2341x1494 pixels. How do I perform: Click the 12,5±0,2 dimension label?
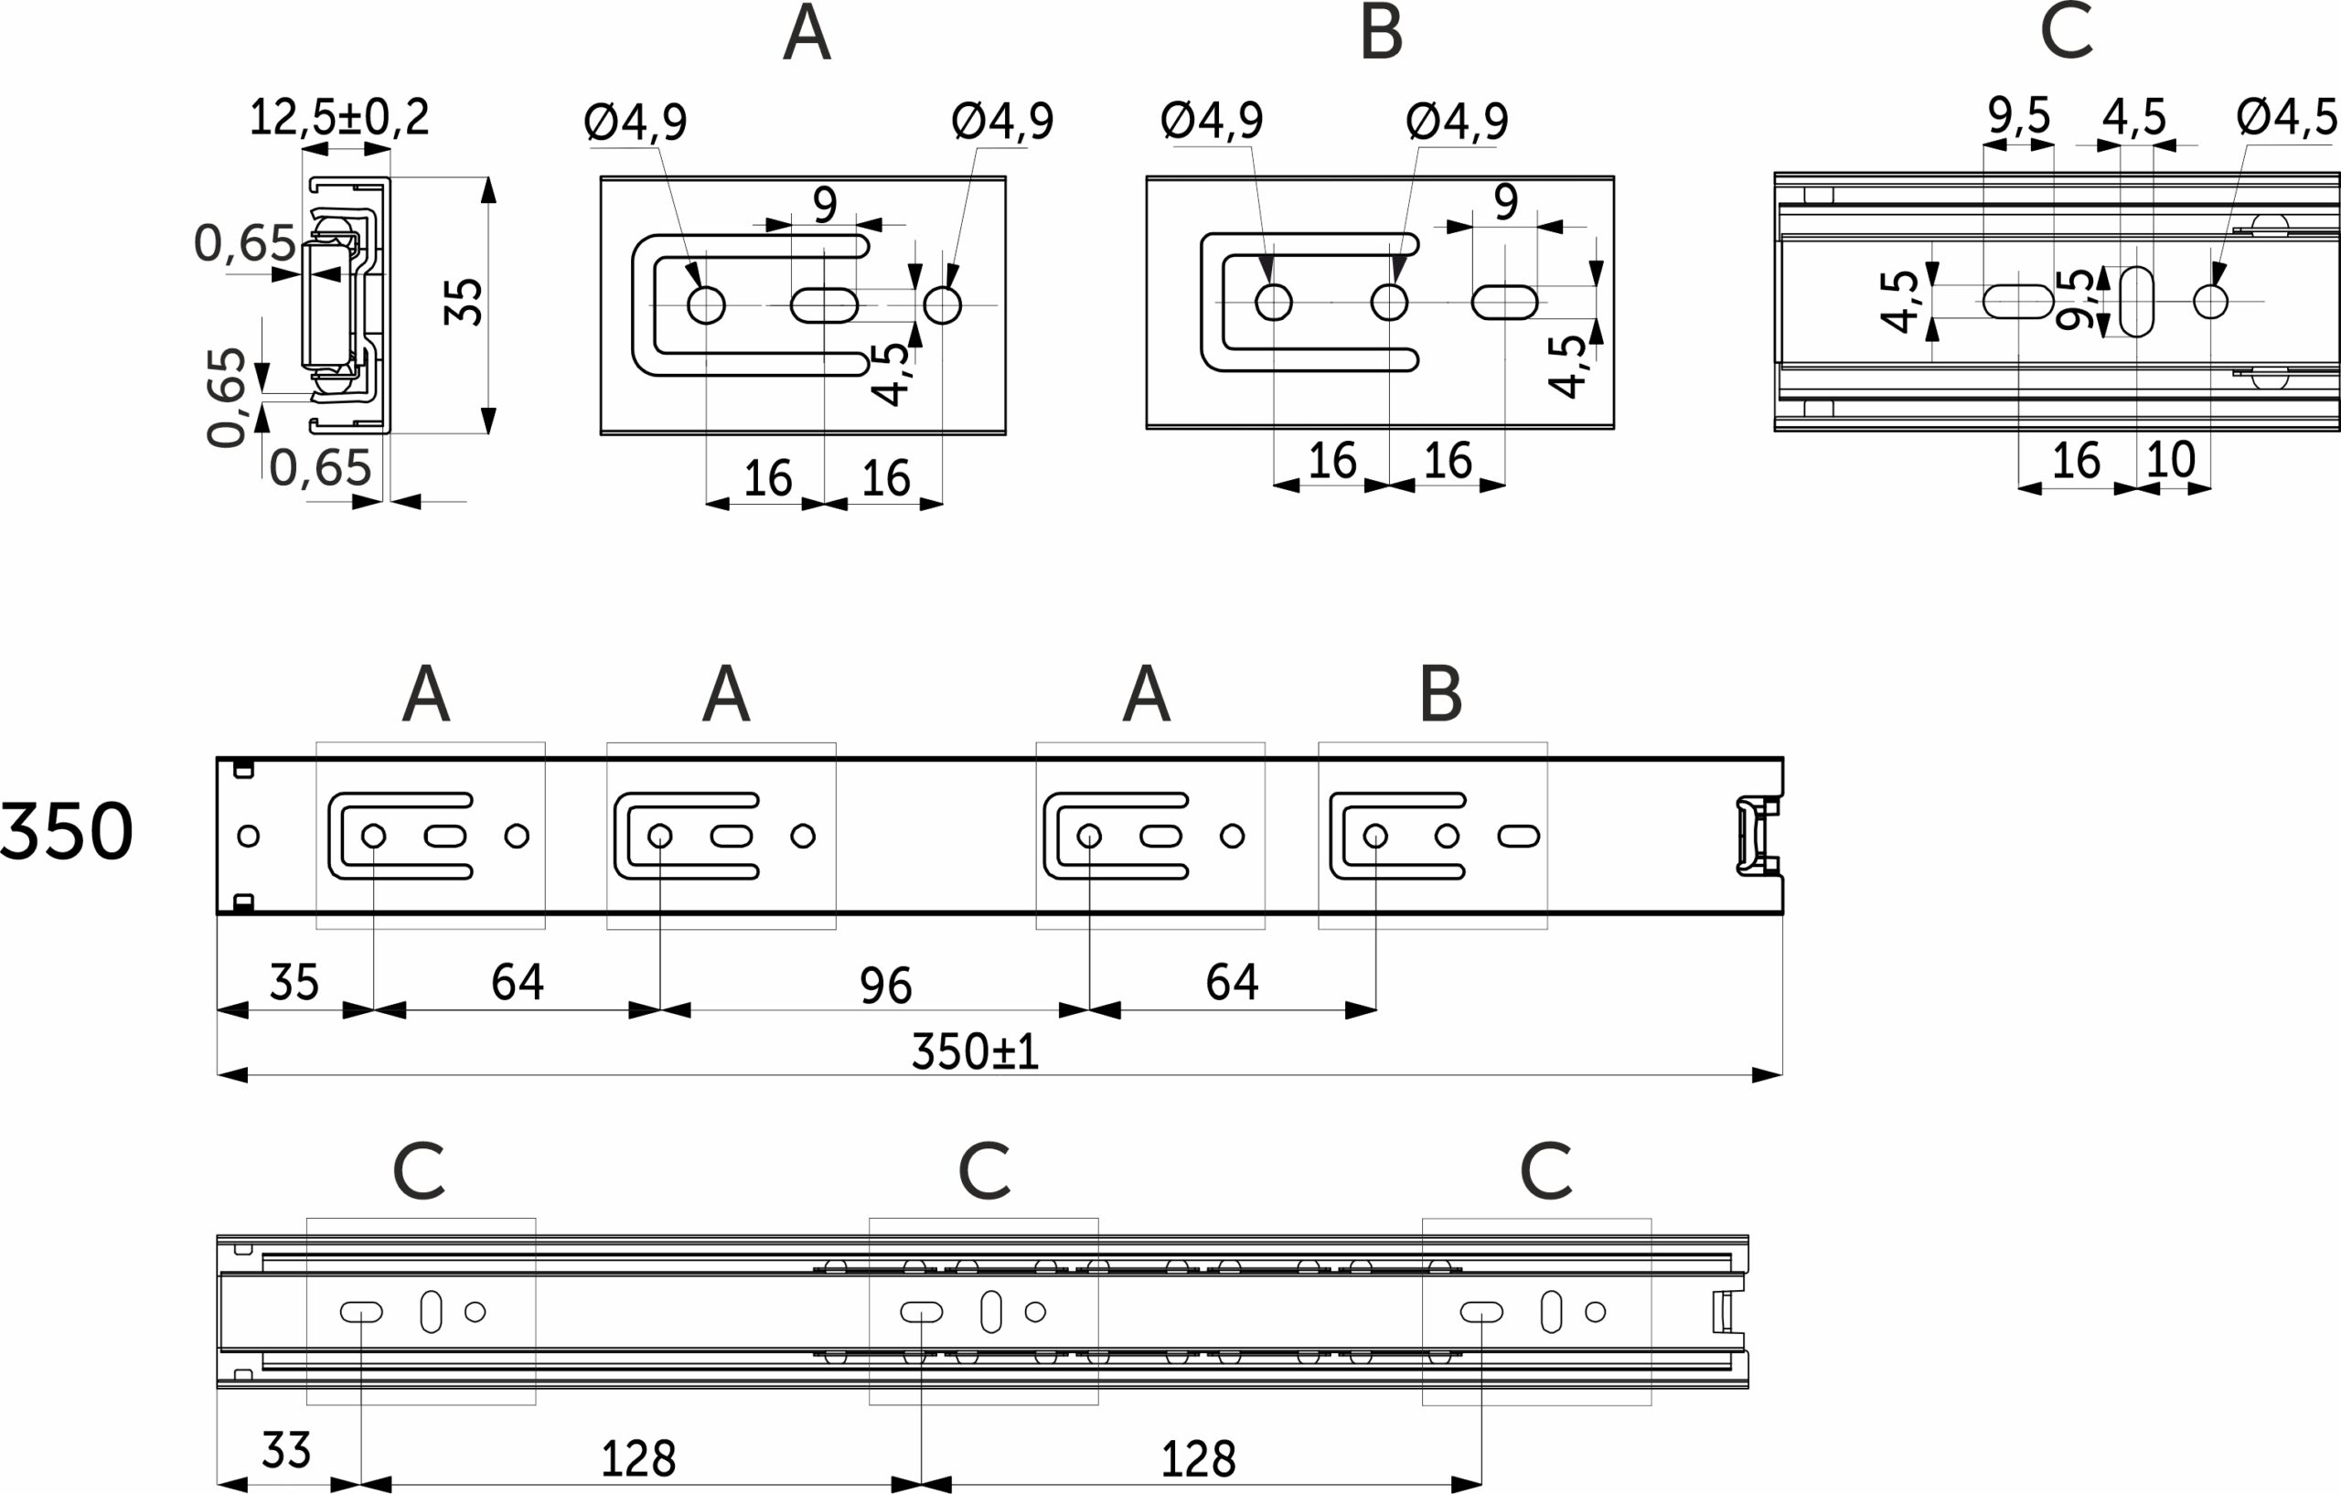click(339, 118)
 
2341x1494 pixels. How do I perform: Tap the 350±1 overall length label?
click(975, 1051)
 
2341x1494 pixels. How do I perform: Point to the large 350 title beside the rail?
click(66, 832)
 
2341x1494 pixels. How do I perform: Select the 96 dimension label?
click(886, 986)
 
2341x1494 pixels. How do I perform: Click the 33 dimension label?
click(286, 1451)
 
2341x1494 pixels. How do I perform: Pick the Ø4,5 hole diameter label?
click(2286, 118)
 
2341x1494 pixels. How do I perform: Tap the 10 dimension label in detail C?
click(2170, 460)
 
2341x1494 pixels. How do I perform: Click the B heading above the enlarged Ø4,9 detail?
click(1382, 33)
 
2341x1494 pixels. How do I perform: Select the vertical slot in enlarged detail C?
click(2136, 302)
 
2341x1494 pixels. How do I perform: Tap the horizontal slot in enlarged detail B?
click(1504, 303)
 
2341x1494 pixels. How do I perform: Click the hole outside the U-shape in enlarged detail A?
click(942, 305)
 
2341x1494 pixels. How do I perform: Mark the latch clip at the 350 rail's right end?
click(1758, 836)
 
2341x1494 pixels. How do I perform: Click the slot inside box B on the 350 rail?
click(1519, 836)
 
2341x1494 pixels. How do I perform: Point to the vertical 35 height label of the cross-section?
click(463, 303)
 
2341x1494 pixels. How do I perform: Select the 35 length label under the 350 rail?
click(294, 983)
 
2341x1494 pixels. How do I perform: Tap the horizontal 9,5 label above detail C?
click(2019, 116)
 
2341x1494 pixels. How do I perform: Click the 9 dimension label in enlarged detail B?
click(1506, 202)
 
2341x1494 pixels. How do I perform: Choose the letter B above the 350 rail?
click(1441, 694)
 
